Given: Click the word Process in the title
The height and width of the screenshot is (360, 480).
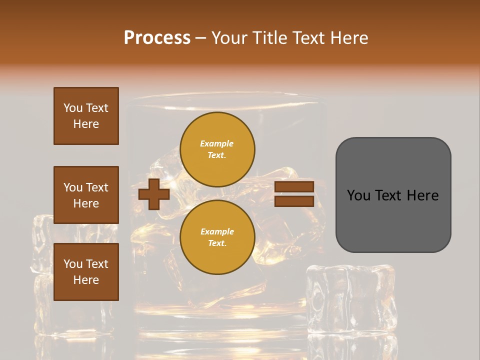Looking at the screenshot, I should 157,37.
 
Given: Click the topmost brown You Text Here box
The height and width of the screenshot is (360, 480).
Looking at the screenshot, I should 86,116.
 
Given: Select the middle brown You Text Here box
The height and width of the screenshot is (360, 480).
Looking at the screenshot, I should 86,195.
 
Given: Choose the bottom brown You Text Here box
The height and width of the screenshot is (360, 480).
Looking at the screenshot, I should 86,272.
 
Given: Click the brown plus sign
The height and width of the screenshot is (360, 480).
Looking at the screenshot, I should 154,194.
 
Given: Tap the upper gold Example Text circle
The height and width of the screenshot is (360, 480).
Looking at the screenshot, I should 217,149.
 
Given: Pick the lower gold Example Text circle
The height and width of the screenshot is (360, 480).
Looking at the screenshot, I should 217,237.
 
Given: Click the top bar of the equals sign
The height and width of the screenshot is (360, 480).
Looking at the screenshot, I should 294,187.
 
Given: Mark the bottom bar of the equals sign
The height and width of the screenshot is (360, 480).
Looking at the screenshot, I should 294,201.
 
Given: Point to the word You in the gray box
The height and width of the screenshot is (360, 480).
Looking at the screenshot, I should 358,195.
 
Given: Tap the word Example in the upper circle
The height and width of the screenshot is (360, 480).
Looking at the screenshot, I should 217,143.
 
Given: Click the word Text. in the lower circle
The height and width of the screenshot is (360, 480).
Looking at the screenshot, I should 217,243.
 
